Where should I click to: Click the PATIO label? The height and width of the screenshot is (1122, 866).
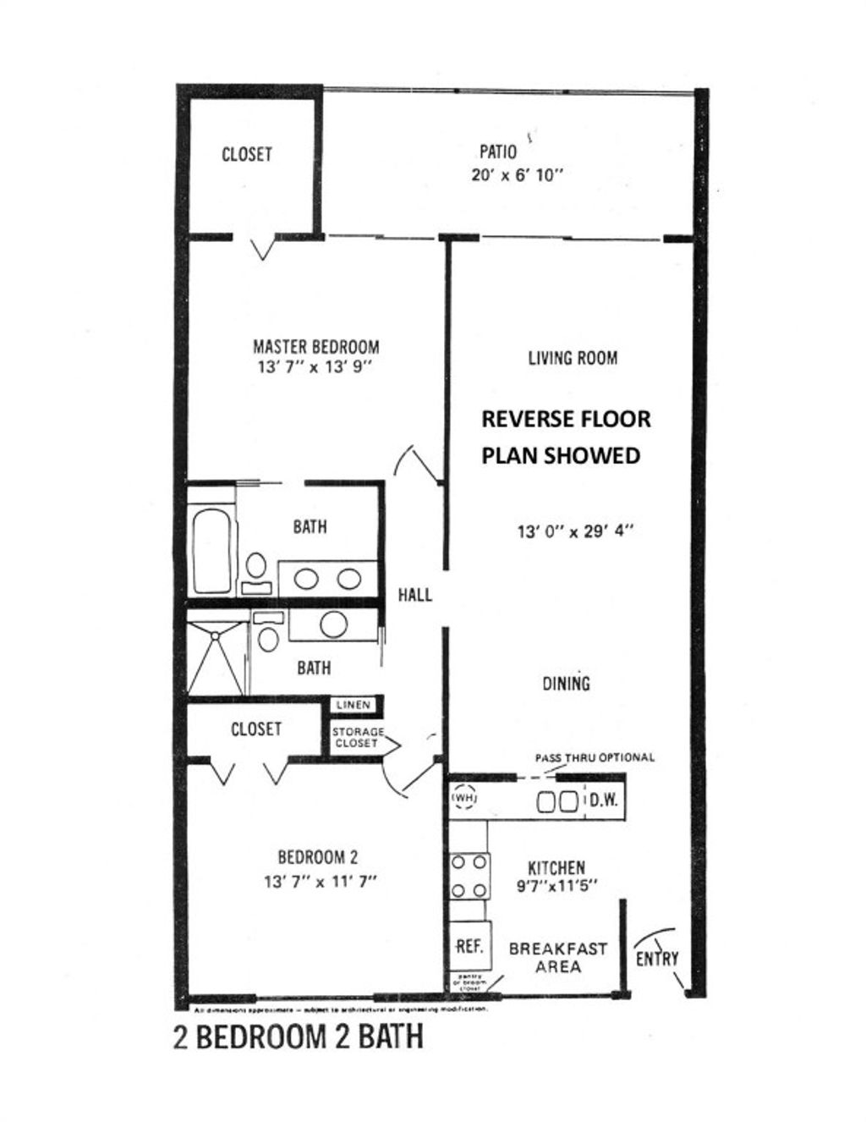497,152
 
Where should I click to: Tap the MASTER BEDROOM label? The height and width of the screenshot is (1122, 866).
315,346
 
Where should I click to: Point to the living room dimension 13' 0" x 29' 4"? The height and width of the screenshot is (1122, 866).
575,532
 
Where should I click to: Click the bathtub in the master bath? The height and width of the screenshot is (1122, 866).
211,550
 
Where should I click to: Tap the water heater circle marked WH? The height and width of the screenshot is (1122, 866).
463,797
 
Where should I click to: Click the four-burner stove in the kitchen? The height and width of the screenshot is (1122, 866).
469,876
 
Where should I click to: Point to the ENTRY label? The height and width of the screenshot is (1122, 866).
657,958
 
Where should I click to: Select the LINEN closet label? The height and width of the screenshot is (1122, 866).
354,705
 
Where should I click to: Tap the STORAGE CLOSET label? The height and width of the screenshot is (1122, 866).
357,737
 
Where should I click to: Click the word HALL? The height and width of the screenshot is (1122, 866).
414,595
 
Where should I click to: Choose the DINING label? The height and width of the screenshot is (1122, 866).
566,683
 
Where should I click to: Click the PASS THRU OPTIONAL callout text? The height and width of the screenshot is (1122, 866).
594,757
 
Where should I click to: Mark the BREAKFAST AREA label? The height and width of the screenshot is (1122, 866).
557,957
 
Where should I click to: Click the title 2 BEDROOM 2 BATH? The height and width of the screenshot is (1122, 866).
298,1037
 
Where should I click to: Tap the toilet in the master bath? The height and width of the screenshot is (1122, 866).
255,568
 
